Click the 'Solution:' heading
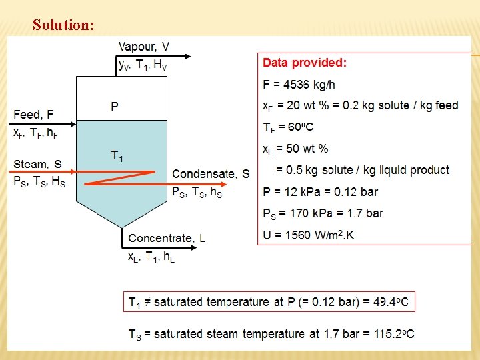[63, 25]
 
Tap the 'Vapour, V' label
[143, 47]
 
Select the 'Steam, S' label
[38, 164]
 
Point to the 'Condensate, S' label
[211, 174]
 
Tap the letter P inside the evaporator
[115, 107]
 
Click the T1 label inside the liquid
[117, 156]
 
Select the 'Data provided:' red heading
[305, 63]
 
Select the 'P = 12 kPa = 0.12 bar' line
[320, 192]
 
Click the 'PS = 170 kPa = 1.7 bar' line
[323, 213]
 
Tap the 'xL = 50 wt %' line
[295, 148]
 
